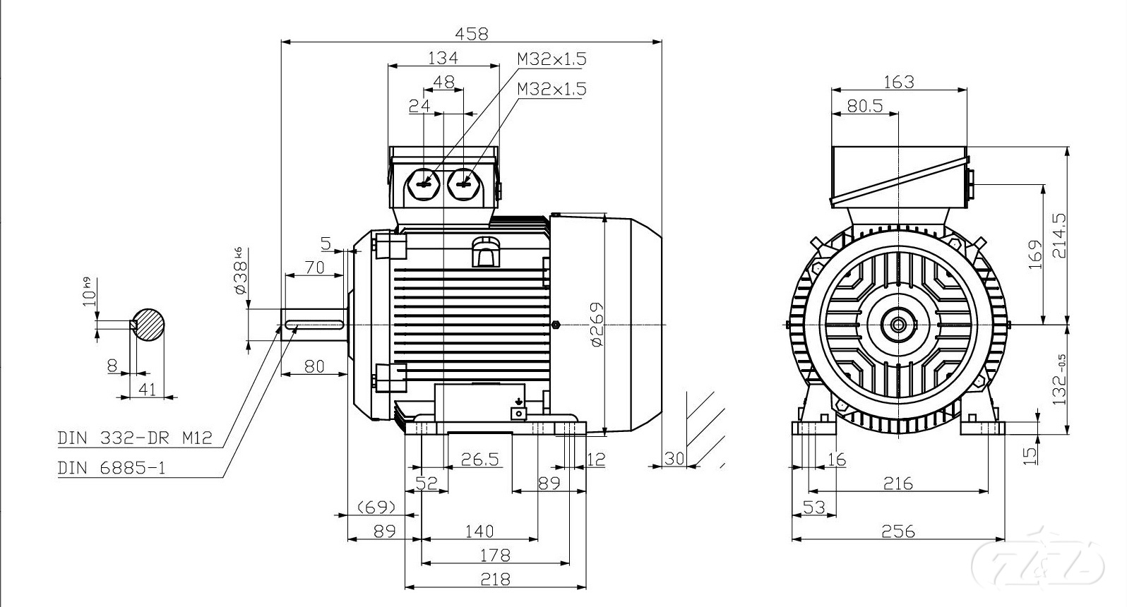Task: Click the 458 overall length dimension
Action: tap(471, 33)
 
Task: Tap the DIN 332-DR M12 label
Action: tap(135, 438)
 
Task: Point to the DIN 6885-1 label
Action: tap(112, 468)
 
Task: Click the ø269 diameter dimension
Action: tap(597, 324)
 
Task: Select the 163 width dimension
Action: tap(898, 82)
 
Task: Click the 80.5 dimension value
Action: tap(864, 106)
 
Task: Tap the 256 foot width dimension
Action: tap(898, 531)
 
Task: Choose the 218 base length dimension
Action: tap(495, 579)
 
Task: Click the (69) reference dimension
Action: tap(376, 507)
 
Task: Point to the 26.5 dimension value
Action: tap(479, 459)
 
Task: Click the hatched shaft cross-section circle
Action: tap(149, 325)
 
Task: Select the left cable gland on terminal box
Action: tap(424, 185)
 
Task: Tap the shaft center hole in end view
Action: tap(898, 325)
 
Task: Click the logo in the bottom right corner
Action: tap(1037, 561)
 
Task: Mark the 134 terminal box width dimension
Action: tap(443, 58)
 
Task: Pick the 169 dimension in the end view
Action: tap(1034, 254)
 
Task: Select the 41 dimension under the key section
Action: tap(147, 389)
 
